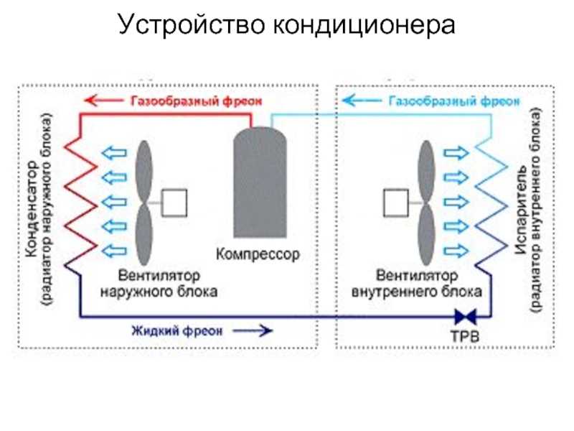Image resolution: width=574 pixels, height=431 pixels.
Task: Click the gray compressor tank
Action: pos(260,182)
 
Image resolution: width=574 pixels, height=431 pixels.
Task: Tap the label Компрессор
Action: pos(258,254)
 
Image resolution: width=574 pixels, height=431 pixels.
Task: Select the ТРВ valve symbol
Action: pos(466,316)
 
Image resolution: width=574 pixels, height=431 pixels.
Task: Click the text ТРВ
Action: pos(464,336)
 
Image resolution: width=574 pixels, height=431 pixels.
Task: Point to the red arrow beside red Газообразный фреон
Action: pos(104,100)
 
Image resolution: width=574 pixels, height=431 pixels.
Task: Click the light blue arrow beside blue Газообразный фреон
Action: pos(362,100)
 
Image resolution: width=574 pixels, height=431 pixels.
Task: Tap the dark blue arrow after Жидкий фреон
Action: pos(253,331)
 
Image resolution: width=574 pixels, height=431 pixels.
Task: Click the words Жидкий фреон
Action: pos(177,331)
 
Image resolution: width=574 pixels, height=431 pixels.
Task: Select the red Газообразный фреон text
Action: pos(197,101)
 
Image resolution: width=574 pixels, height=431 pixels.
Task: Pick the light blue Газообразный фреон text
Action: pos(454,101)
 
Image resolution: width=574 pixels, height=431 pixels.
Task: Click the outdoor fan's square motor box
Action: pos(174,203)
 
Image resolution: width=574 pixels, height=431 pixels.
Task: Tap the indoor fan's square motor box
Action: pos(396,203)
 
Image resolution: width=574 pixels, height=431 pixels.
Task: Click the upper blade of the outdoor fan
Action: pos(144,171)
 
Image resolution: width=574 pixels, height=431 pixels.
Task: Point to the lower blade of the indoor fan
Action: pos(426,235)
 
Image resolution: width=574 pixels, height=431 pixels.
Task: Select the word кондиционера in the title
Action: pos(364,25)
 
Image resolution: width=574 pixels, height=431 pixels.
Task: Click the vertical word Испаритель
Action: pos(521,210)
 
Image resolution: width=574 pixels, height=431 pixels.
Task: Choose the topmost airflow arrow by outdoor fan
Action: pos(114,152)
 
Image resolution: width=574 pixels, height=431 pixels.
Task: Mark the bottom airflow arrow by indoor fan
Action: pos(456,251)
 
